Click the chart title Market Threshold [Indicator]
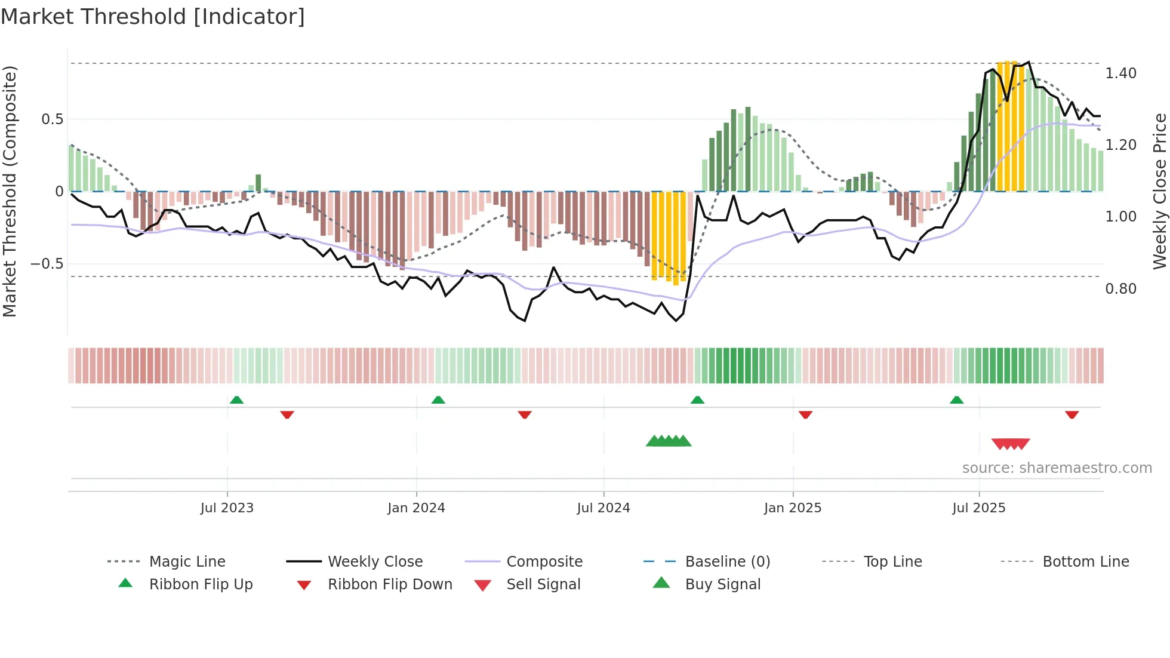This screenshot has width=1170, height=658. [153, 17]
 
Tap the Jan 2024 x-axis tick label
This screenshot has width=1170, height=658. [416, 508]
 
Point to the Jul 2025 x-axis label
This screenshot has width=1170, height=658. [978, 508]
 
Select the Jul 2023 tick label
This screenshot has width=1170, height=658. [227, 508]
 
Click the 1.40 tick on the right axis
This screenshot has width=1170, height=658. [1120, 73]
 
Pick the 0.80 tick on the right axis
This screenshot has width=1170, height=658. [1120, 289]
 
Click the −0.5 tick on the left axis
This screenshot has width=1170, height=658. [47, 264]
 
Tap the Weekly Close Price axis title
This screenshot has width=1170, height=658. [1159, 191]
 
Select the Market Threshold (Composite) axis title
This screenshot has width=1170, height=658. [10, 191]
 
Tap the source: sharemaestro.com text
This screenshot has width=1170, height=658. [1057, 468]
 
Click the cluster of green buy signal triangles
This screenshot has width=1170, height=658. [669, 442]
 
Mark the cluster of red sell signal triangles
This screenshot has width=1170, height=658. [1011, 444]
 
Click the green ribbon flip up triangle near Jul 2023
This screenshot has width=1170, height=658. [236, 400]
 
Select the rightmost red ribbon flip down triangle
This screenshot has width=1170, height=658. [1072, 414]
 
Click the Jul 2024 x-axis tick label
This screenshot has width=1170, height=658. [603, 508]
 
